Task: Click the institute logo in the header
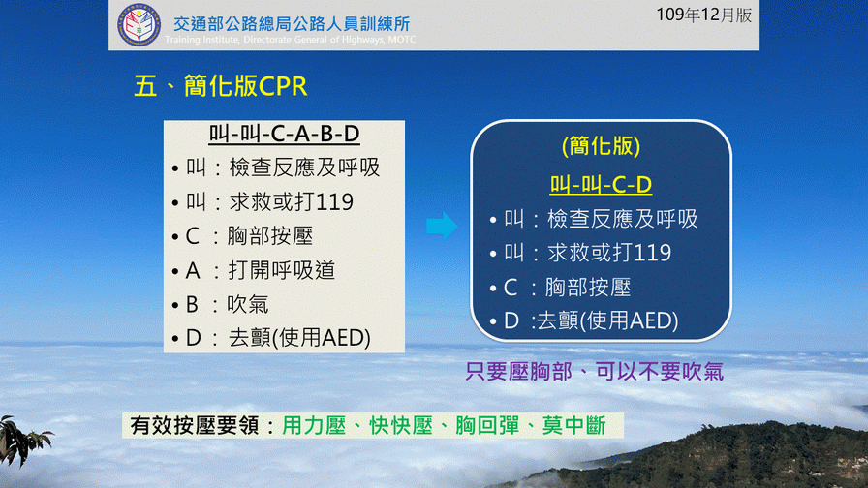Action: (139, 25)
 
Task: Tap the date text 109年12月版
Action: (704, 15)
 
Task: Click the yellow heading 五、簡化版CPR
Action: (220, 86)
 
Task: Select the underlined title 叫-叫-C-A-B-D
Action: (284, 134)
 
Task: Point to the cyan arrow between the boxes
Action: (442, 226)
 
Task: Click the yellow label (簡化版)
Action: (601, 146)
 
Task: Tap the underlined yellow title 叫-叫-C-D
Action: (601, 184)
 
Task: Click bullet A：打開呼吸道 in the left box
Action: (254, 270)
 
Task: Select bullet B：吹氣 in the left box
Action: (220, 304)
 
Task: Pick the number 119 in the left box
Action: (331, 202)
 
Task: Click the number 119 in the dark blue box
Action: (650, 253)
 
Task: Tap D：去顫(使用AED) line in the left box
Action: (271, 338)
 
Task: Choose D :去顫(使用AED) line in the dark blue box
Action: (584, 320)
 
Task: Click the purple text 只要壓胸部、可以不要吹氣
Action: (594, 371)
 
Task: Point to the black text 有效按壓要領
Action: (195, 425)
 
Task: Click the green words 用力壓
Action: (314, 425)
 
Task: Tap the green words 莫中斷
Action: (574, 425)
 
